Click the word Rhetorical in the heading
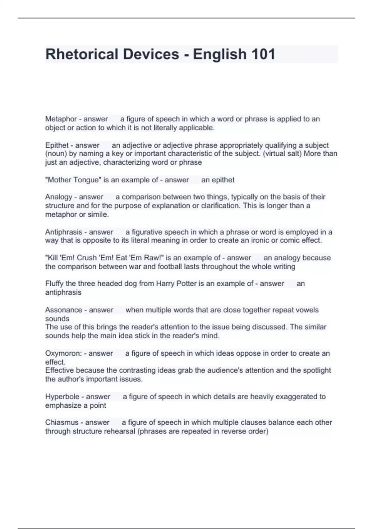[x=82, y=54]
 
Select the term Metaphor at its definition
[x=61, y=119]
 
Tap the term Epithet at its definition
[x=57, y=145]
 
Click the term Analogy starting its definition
[x=58, y=197]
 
